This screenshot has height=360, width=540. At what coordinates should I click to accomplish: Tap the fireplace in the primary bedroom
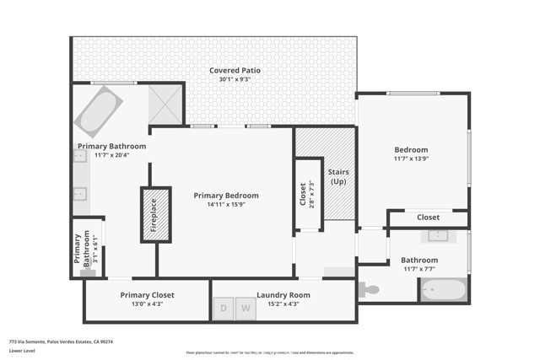[154, 214]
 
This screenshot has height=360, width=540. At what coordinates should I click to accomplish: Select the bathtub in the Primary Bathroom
[98, 110]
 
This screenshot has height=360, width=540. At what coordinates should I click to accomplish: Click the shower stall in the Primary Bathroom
[165, 104]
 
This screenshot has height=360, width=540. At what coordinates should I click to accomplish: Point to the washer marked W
[246, 309]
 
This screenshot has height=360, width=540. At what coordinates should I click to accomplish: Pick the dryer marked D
[224, 309]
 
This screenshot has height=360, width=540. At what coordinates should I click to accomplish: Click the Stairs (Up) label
[339, 177]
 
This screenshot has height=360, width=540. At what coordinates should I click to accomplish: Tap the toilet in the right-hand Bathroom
[369, 290]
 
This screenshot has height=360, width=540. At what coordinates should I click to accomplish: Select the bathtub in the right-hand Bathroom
[443, 290]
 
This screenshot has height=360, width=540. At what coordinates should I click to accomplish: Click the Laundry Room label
[283, 295]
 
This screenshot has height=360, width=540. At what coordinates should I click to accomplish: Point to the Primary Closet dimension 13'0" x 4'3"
[147, 304]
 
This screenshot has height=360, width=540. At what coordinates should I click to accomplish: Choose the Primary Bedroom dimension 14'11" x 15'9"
[225, 204]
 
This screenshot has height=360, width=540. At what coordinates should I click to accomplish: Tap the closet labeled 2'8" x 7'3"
[308, 195]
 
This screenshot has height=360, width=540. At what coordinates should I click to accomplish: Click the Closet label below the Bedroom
[428, 218]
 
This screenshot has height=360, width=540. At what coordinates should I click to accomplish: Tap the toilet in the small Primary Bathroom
[87, 271]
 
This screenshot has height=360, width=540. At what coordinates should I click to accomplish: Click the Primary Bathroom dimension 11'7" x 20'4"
[111, 155]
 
